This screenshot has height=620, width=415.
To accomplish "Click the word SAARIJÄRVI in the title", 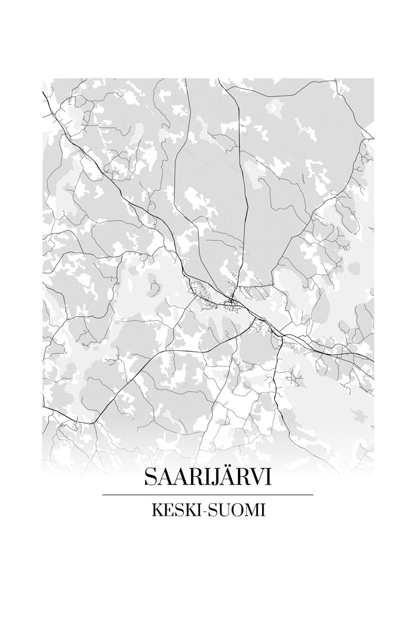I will pyautogui.click(x=207, y=477).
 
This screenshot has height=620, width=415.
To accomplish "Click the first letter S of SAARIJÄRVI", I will pyautogui.click(x=150, y=477).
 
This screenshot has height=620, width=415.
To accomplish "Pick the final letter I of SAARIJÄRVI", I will pyautogui.click(x=267, y=477).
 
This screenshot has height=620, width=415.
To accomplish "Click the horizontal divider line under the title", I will pyautogui.click(x=207, y=495).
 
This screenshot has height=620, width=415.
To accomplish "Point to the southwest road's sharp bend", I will pyautogui.click(x=94, y=422).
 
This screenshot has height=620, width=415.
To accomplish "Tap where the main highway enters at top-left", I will pyautogui.click(x=44, y=91).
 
